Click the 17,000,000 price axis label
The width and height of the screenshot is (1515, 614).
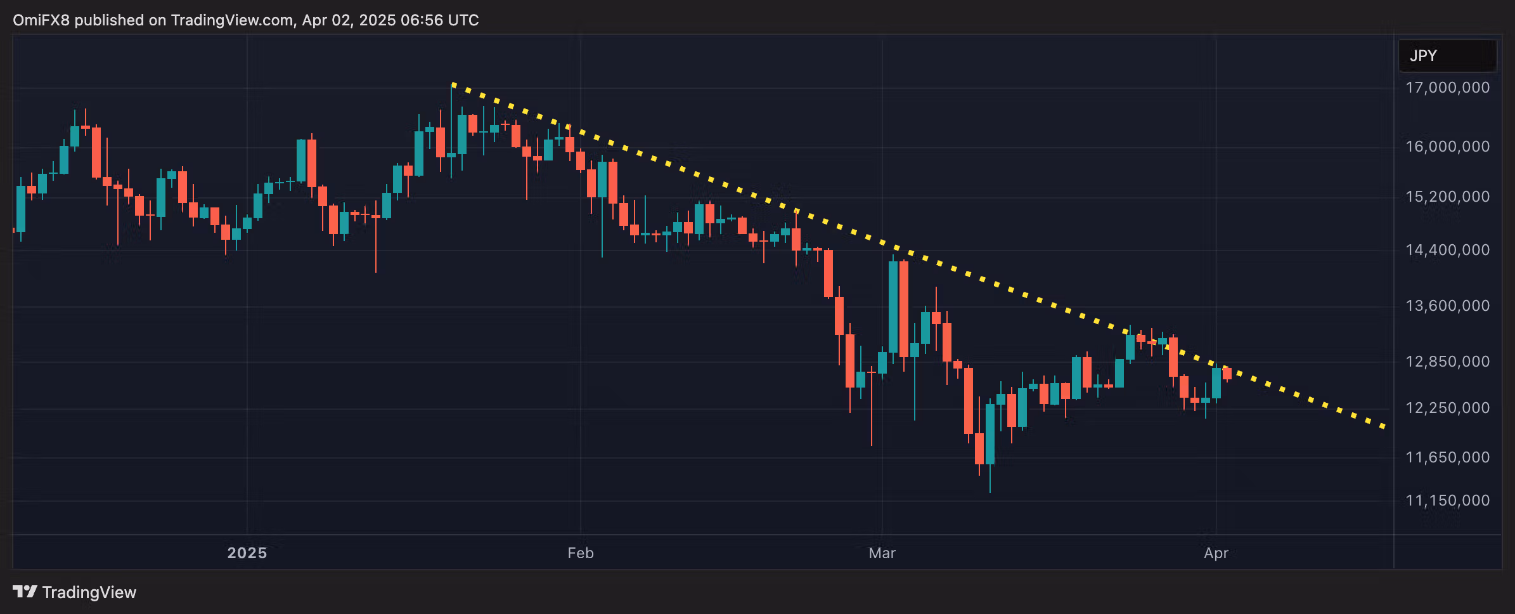pyautogui.click(x=1447, y=88)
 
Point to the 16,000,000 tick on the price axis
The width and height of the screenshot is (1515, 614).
pyautogui.click(x=1447, y=147)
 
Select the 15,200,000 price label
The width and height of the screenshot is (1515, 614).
pyautogui.click(x=1447, y=197)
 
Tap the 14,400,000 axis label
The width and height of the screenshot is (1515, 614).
pyautogui.click(x=1447, y=250)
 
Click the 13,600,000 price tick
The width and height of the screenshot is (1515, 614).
pyautogui.click(x=1447, y=306)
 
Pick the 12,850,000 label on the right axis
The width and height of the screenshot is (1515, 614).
pyautogui.click(x=1447, y=362)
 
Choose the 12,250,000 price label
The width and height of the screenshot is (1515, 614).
pyautogui.click(x=1447, y=408)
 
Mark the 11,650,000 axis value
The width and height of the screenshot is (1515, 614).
pyautogui.click(x=1447, y=457)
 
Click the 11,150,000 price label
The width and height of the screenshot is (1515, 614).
pyautogui.click(x=1447, y=500)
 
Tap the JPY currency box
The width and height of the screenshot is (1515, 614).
pyautogui.click(x=1447, y=56)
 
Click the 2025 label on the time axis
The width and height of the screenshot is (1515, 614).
pyautogui.click(x=247, y=553)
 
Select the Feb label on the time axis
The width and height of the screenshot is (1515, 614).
pyautogui.click(x=581, y=553)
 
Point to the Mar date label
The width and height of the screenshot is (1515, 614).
pyautogui.click(x=882, y=553)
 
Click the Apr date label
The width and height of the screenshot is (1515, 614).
pyautogui.click(x=1216, y=553)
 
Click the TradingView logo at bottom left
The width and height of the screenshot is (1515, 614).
pyautogui.click(x=75, y=592)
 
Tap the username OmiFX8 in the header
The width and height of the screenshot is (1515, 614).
pyautogui.click(x=41, y=20)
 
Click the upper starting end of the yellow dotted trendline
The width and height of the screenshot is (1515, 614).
pyautogui.click(x=453, y=84)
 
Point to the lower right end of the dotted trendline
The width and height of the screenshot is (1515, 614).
pyautogui.click(x=1383, y=426)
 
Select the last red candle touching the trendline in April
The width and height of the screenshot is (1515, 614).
pyautogui.click(x=1227, y=374)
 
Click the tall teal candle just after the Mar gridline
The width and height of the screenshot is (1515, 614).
pyautogui.click(x=893, y=307)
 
